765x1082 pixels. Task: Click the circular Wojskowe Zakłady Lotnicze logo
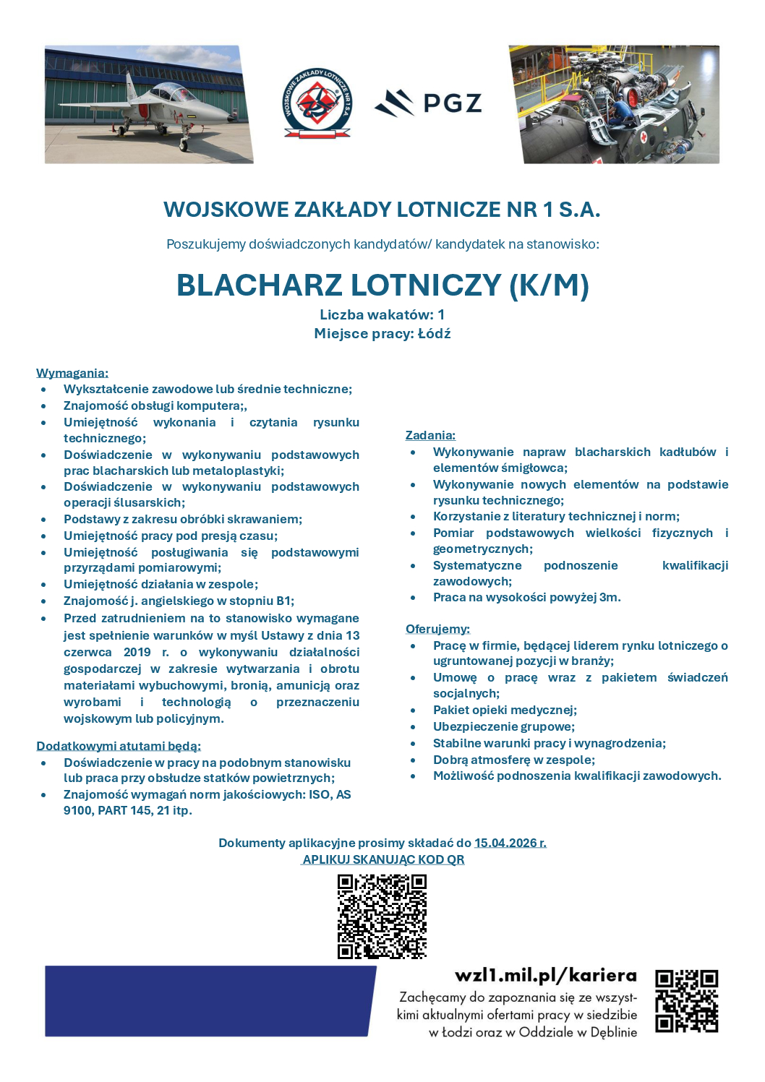[316, 103]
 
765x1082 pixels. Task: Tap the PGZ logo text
[452, 103]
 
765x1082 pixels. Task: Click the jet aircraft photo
[148, 104]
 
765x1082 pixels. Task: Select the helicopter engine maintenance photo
[615, 104]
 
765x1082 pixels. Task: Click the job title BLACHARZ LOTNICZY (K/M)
[382, 285]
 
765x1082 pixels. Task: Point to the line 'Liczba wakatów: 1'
[382, 314]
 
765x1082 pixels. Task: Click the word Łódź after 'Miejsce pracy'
[434, 333]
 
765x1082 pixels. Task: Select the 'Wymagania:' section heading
[72, 373]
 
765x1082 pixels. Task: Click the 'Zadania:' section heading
[430, 435]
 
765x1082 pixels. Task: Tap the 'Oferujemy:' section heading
[437, 629]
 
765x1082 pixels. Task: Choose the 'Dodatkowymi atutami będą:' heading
[119, 746]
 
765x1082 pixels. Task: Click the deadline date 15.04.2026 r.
[510, 843]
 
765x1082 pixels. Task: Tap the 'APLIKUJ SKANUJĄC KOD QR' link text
[383, 859]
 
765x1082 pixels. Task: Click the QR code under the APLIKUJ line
[382, 916]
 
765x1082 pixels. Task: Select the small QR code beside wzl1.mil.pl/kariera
[686, 1001]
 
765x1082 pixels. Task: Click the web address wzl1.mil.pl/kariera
[546, 976]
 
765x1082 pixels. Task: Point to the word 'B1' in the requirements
[284, 601]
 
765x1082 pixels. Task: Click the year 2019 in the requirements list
[137, 652]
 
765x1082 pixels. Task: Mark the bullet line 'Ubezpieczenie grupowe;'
[504, 726]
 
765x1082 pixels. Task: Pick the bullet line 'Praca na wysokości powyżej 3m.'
[526, 597]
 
